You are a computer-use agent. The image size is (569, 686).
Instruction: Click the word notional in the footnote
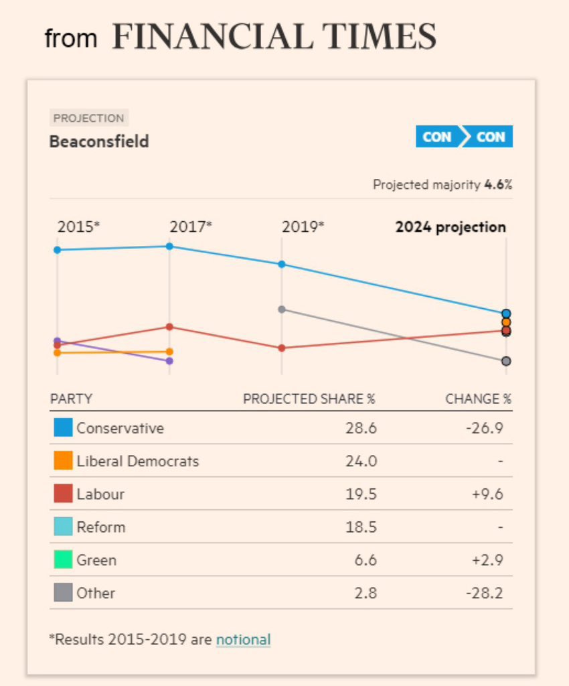(x=243, y=639)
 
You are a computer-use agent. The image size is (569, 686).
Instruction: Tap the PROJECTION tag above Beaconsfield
(x=88, y=119)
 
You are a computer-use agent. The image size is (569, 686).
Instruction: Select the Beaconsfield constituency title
(x=99, y=142)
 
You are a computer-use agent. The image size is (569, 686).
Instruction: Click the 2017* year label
(x=191, y=226)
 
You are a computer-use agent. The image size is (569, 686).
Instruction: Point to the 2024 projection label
(x=451, y=227)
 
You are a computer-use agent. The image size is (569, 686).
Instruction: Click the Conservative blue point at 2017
(x=169, y=247)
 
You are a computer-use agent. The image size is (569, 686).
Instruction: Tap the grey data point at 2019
(x=282, y=310)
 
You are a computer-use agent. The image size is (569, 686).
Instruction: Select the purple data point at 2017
(x=169, y=361)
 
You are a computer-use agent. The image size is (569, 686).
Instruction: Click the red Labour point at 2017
(x=169, y=327)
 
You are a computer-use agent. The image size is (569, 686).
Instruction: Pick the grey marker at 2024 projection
(x=506, y=361)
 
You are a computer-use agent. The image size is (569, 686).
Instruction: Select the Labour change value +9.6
(x=488, y=494)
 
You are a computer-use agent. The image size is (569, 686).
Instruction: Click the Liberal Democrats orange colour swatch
(x=63, y=461)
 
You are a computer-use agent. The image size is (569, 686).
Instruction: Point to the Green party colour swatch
(x=63, y=560)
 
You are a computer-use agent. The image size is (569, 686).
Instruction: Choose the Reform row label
(x=100, y=527)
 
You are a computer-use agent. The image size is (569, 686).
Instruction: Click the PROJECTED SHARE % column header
(x=309, y=399)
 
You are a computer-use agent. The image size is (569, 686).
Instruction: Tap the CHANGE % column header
(x=478, y=399)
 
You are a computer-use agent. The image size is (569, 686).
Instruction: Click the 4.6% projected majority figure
(x=498, y=185)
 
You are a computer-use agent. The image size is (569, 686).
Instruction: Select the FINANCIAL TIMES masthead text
(x=274, y=37)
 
